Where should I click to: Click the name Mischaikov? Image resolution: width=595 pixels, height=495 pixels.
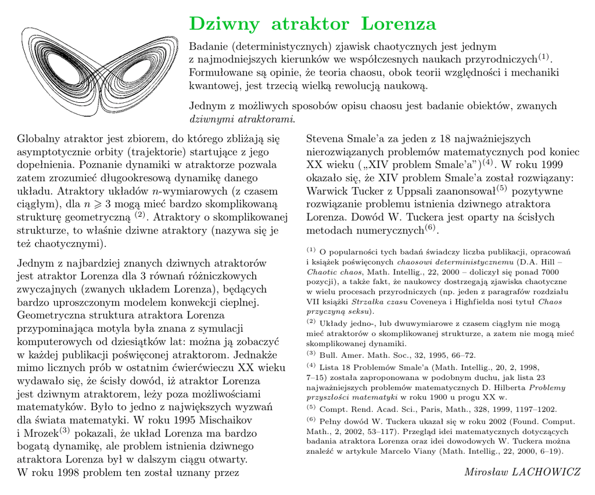coord(227,419)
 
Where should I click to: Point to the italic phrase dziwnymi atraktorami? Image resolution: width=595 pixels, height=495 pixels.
coord(242,119)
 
